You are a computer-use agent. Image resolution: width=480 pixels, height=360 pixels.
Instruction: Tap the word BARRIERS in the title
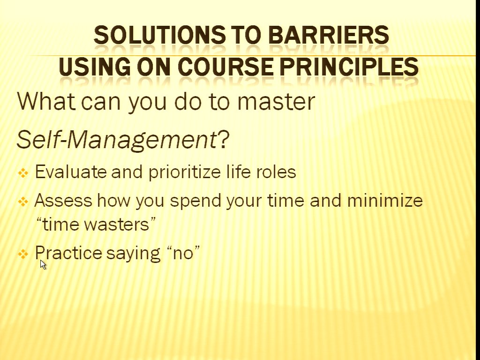pyautogui.click(x=329, y=35)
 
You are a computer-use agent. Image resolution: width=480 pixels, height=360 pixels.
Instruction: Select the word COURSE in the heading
pyautogui.click(x=225, y=67)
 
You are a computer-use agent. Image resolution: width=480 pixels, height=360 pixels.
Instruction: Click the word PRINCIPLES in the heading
pyautogui.click(x=349, y=67)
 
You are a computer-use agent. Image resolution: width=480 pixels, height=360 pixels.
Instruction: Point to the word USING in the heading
pyautogui.click(x=94, y=67)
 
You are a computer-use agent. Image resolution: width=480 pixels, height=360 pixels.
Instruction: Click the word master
pyautogui.click(x=276, y=101)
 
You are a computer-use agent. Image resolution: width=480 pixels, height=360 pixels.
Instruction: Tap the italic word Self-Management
pyautogui.click(x=117, y=140)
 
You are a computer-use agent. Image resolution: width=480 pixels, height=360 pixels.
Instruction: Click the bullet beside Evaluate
pyautogui.click(x=23, y=173)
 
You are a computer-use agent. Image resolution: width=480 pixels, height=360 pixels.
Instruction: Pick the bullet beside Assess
pyautogui.click(x=23, y=202)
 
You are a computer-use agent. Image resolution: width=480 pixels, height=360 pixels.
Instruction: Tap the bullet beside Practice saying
pyautogui.click(x=23, y=254)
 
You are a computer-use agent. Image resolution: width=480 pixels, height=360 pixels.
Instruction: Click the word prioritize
pyautogui.click(x=185, y=172)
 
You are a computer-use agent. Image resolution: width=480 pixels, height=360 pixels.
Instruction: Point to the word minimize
pyautogui.click(x=385, y=201)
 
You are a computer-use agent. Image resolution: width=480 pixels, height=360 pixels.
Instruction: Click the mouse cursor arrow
pyautogui.click(x=43, y=264)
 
